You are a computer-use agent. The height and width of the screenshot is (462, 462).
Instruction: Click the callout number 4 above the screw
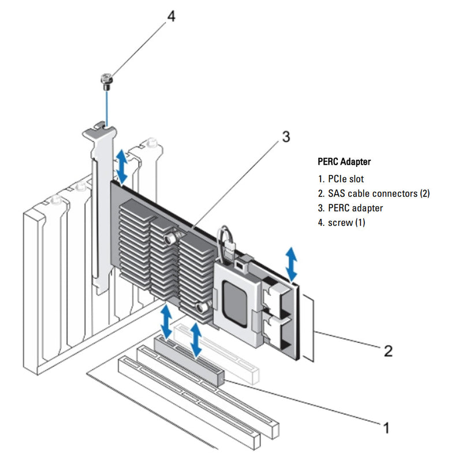click(171, 16)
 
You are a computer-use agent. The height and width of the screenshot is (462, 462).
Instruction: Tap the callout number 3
click(285, 137)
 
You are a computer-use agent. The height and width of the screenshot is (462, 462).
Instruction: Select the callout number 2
click(389, 350)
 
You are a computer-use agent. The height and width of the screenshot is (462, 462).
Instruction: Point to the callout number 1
click(386, 427)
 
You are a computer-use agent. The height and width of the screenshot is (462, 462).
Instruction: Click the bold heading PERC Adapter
click(344, 162)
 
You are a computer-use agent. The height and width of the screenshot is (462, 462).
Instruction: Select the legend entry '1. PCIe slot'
click(341, 179)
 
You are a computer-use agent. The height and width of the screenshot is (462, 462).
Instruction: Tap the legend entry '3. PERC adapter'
click(350, 208)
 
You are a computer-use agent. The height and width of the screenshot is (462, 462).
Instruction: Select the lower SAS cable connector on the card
click(277, 331)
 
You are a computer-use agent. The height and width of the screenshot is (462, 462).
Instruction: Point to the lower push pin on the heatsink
click(202, 307)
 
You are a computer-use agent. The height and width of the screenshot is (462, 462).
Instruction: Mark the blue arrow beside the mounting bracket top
click(122, 165)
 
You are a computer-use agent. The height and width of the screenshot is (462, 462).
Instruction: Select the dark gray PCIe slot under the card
click(188, 360)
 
